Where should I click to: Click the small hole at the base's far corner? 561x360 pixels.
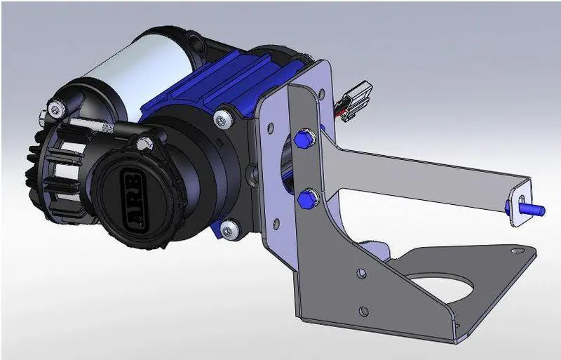coord(517,250)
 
